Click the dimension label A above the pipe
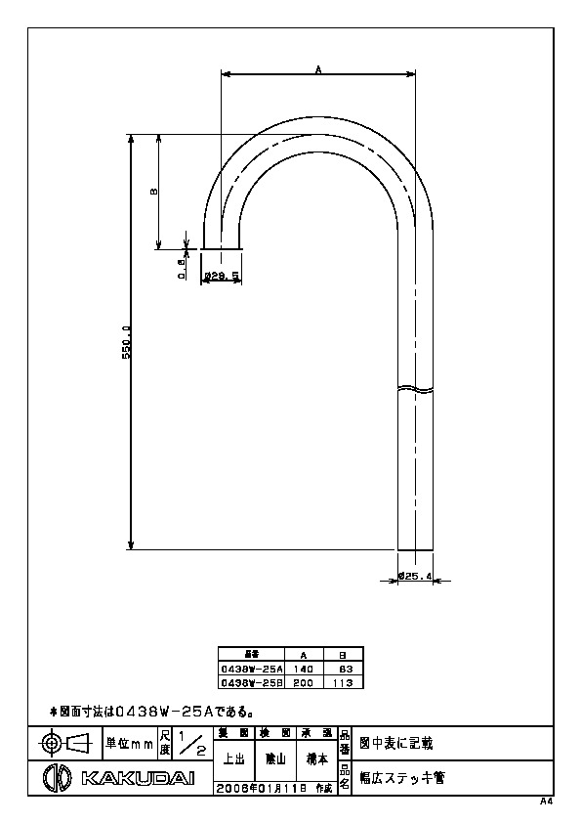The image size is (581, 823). click(x=319, y=68)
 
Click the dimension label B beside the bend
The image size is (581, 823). click(x=153, y=192)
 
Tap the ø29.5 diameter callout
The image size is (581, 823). click(x=222, y=277)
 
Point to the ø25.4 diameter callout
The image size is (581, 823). click(x=415, y=577)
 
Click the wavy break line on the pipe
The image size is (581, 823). click(x=416, y=388)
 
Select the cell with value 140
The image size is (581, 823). click(x=303, y=669)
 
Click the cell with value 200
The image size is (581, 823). click(x=303, y=682)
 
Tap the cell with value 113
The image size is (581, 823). click(x=343, y=682)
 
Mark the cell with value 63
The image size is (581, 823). click(x=344, y=669)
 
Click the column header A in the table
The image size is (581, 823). click(x=303, y=655)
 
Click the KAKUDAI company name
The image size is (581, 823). click(x=137, y=778)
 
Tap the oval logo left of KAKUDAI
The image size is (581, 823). click(x=61, y=778)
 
